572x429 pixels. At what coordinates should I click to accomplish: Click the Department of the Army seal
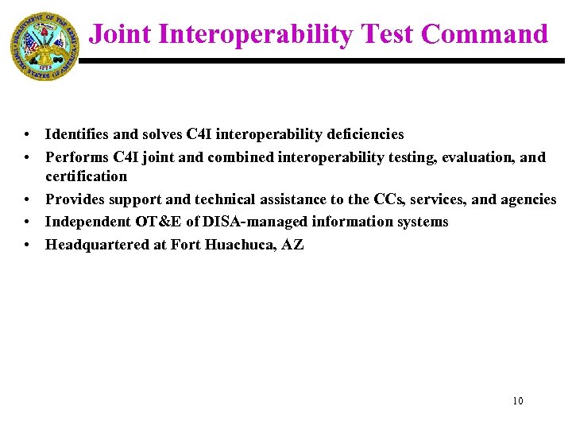[x=44, y=46]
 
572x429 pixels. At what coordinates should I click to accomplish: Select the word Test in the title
[x=387, y=34]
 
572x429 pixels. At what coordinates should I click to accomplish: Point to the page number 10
[x=518, y=401]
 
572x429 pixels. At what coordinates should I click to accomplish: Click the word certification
[x=86, y=176]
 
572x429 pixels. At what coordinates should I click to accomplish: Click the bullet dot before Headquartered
[x=26, y=245]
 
